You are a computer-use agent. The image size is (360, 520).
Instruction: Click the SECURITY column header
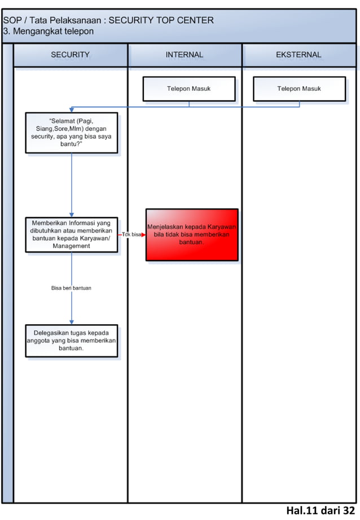coord(71,55)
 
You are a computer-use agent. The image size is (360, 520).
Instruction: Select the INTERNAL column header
coord(185,55)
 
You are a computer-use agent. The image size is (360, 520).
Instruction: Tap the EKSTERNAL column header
coord(298,55)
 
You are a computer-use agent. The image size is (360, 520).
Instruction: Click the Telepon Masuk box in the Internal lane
coord(188,89)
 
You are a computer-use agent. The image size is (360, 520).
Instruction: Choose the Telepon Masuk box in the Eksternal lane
coord(299,89)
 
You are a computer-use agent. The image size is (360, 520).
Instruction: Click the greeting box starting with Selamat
coord(72,133)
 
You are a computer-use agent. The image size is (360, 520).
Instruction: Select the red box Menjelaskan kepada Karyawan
coord(192,235)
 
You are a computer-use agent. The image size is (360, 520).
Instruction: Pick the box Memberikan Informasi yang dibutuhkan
coord(72,234)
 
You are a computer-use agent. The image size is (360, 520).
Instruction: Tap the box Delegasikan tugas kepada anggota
coord(72,341)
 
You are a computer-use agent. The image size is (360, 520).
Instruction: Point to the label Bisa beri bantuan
coord(71,288)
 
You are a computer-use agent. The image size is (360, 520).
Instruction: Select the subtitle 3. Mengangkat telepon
coord(49,32)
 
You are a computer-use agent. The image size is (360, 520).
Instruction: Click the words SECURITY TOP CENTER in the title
coord(161,20)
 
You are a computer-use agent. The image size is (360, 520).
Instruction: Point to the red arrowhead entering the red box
coord(143,235)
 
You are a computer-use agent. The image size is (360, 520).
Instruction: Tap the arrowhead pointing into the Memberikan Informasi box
coord(72,214)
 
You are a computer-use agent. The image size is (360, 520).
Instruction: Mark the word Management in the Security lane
coord(71,246)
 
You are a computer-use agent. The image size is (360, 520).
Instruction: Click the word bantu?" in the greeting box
coord(72,144)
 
